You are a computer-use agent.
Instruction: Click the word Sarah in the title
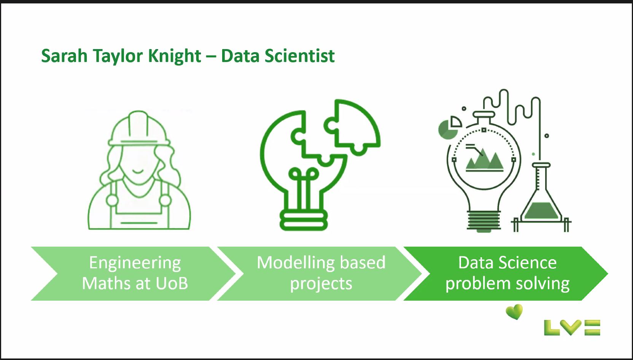point(64,56)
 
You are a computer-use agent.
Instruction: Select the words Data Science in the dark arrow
point(507,263)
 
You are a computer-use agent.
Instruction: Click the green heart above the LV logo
point(514,312)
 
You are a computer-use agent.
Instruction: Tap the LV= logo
point(572,328)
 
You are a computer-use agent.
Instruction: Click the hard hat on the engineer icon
point(139,129)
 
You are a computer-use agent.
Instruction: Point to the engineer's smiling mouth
point(138,171)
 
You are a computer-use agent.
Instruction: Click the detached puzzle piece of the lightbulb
point(352,127)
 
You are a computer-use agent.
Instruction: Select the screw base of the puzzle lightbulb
point(304,220)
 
